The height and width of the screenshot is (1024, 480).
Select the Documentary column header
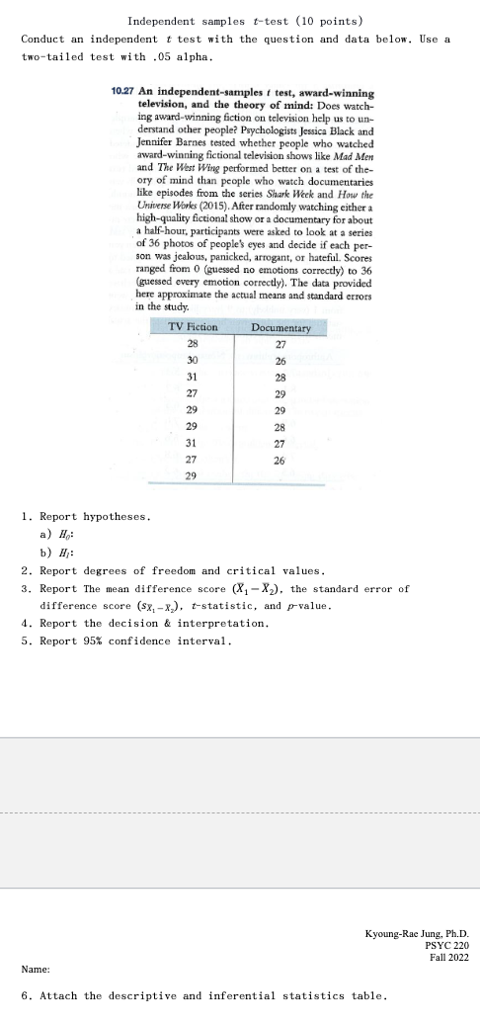coord(280,326)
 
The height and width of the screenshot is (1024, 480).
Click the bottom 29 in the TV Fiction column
coord(192,475)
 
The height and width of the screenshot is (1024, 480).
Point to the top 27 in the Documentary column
coord(280,345)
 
